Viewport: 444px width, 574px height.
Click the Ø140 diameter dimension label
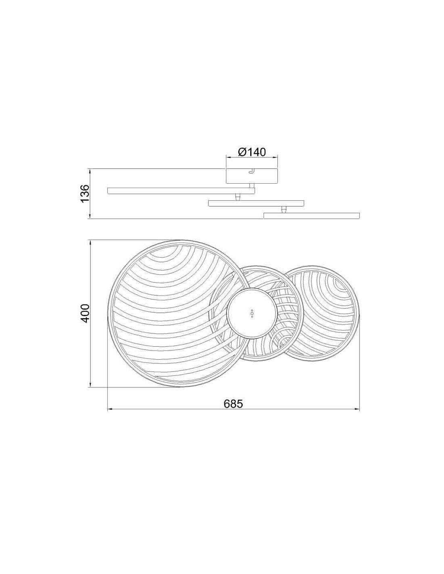(251, 152)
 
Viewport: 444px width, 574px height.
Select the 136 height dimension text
(85, 193)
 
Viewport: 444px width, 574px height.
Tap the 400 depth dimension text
(85, 313)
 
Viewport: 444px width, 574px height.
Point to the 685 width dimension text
(233, 404)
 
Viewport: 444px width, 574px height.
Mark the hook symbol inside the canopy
(251, 172)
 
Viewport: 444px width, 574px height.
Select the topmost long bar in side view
(181, 191)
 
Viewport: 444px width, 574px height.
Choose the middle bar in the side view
(256, 203)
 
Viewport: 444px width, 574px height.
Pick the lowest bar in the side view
(312, 215)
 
